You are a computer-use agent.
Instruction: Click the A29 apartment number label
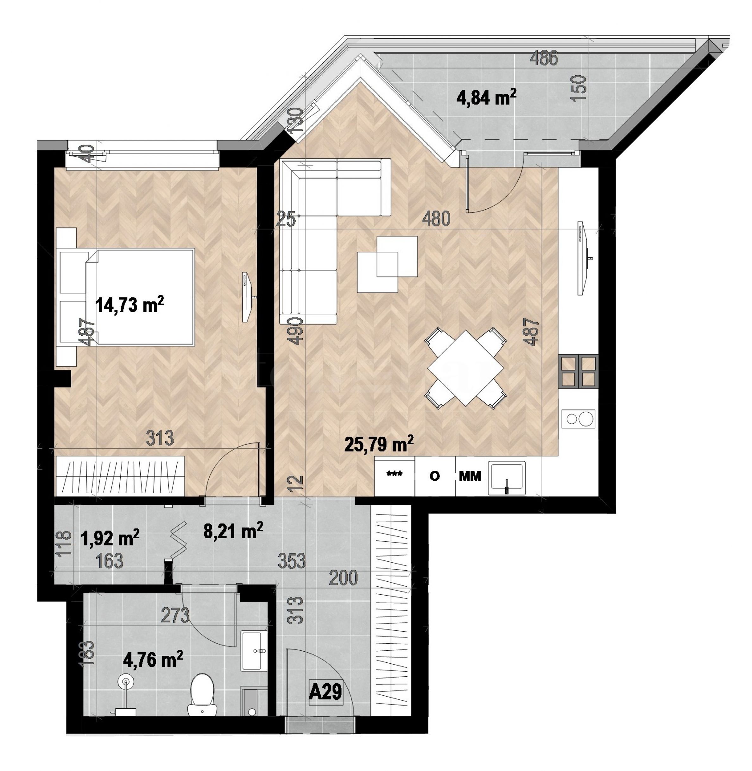pos(325,692)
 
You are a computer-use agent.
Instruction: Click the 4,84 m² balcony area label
pos(487,97)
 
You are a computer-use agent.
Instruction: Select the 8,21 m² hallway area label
pos(233,531)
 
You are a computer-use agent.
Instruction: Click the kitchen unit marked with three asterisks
pos(394,476)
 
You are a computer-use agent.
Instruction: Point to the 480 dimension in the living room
pos(436,219)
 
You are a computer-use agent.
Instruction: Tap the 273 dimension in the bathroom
pos(175,615)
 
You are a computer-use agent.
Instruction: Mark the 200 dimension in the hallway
pos(343,578)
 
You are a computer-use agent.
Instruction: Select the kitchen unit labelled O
pos(435,476)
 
